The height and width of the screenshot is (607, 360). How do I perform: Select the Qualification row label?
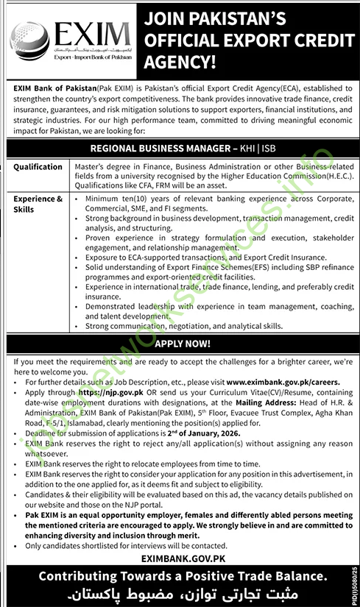point(38,167)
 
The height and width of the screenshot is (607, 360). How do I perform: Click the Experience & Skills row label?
point(38,204)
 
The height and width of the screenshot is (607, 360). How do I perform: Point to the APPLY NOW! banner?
point(180,344)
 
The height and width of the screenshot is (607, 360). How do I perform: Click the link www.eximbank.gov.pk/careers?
point(283,383)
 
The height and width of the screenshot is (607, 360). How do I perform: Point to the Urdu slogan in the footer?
point(180,593)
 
